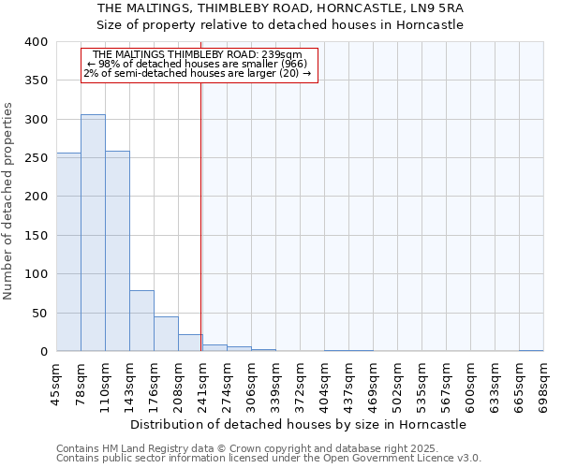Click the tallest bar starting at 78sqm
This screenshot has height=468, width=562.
tap(93, 233)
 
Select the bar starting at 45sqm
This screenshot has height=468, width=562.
tap(68, 253)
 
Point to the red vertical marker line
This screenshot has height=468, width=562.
tap(200, 215)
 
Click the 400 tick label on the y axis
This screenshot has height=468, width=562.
tap(36, 42)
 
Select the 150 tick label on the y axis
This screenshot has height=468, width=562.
tap(36, 236)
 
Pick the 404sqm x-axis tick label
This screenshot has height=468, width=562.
tap(324, 384)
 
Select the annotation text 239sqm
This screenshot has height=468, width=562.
tap(281, 55)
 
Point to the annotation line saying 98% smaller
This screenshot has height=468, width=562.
tap(201, 64)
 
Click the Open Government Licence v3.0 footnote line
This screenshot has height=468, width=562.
tap(269, 459)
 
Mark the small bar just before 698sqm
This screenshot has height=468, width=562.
tap(531, 350)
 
